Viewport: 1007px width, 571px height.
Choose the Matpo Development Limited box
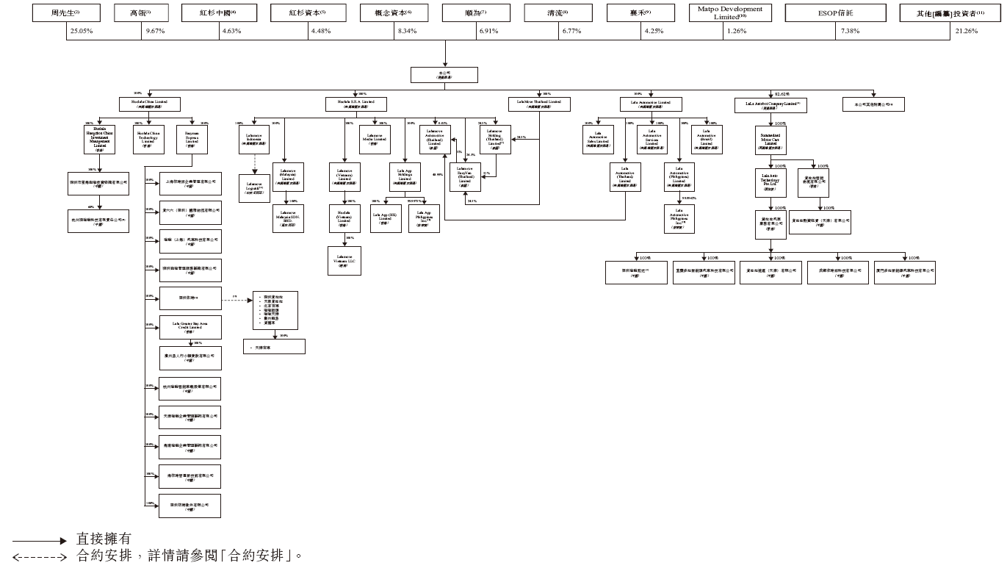tap(730, 13)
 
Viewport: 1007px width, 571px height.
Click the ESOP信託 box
tap(832, 13)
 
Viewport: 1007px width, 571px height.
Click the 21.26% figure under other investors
tap(967, 31)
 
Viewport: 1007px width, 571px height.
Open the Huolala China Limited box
tap(150, 104)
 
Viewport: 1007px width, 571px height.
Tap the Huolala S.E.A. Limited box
tap(356, 104)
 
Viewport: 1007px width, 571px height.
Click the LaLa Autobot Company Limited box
tap(771, 105)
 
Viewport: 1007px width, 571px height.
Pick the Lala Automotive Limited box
tap(651, 104)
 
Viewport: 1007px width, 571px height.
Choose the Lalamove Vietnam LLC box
tap(344, 260)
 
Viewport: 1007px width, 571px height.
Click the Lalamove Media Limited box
tap(374, 137)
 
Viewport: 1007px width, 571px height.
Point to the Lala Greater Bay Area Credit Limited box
tap(190, 326)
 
